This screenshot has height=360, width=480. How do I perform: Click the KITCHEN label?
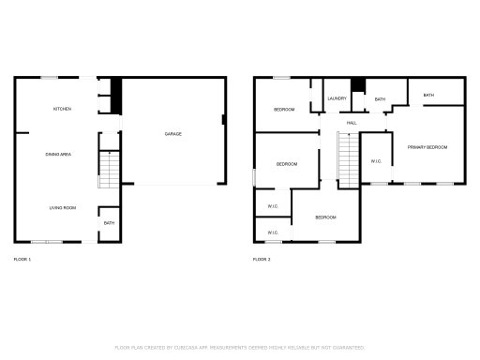[62, 109]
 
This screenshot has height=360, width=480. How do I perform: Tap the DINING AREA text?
[59, 154]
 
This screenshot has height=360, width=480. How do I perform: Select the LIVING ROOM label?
[63, 207]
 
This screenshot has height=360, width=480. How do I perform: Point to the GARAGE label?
[173, 134]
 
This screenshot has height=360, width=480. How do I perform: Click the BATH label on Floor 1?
[109, 222]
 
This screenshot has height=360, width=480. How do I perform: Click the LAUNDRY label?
[337, 98]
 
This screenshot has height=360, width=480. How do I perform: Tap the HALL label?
[352, 123]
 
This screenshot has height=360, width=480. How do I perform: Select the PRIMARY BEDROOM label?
[427, 147]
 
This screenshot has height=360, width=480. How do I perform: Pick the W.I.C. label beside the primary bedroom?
[376, 160]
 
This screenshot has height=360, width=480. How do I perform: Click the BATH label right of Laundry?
[380, 98]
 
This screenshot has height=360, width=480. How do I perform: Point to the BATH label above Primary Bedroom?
[428, 95]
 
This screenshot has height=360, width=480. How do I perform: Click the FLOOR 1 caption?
[22, 258]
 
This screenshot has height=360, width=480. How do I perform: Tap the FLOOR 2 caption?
[262, 258]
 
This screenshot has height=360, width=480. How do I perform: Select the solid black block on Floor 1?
[116, 91]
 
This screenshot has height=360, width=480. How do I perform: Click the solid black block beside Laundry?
[357, 84]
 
